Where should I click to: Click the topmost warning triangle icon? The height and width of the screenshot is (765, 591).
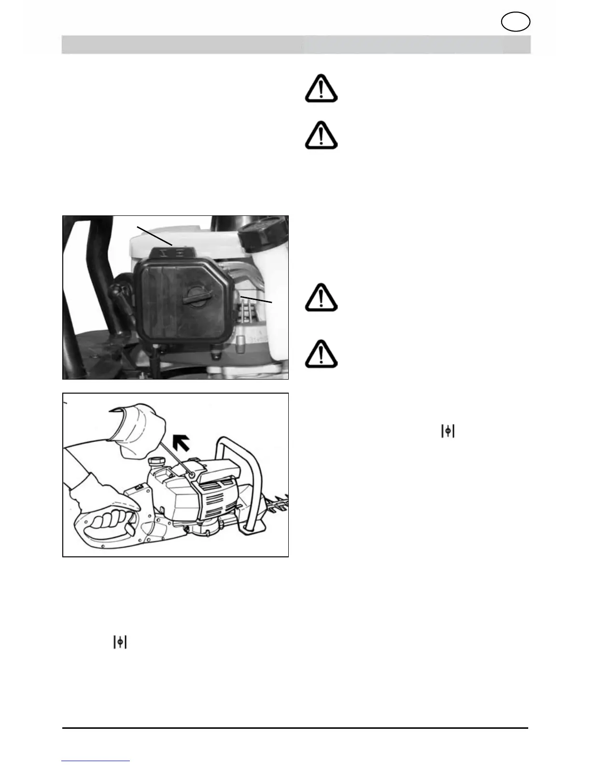(321, 89)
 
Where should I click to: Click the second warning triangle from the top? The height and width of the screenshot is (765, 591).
(321, 135)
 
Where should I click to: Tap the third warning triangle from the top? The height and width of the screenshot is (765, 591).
(321, 297)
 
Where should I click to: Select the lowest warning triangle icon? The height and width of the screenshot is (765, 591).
(321, 354)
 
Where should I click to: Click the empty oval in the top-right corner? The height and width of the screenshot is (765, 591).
(516, 22)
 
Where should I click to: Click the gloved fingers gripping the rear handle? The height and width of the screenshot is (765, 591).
(109, 523)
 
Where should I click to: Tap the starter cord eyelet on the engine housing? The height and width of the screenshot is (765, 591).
(192, 476)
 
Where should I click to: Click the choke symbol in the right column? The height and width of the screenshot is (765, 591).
(448, 431)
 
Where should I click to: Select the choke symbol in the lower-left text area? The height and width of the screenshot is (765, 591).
(120, 642)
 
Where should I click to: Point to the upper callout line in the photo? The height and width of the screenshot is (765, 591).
(155, 235)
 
